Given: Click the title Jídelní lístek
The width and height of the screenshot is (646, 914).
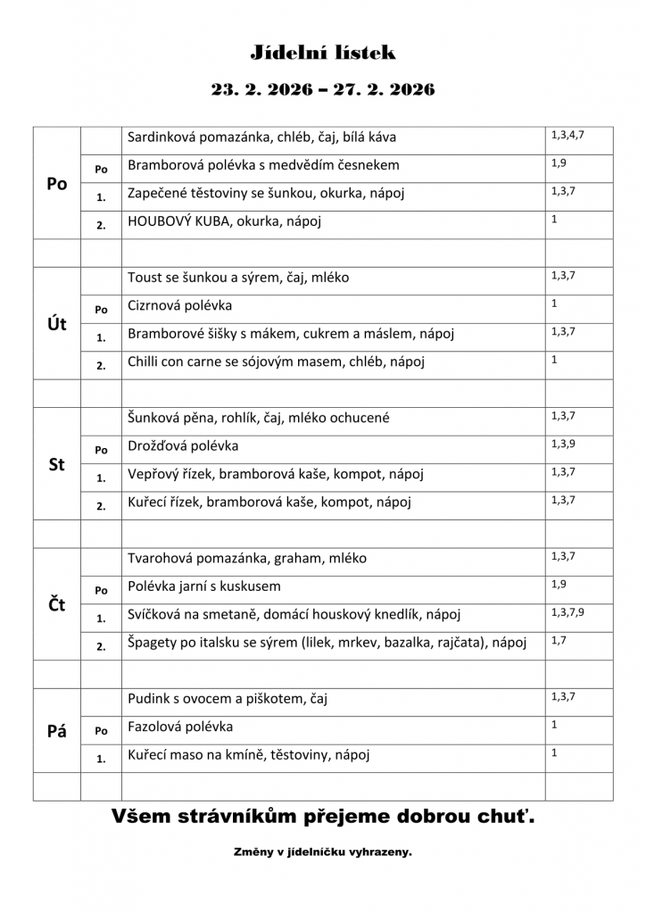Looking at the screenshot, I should (x=322, y=54).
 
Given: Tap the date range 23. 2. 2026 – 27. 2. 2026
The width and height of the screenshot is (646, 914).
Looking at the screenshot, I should (x=322, y=90).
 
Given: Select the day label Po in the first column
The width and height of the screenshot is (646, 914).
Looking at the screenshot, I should (x=56, y=183).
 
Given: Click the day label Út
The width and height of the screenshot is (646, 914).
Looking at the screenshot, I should (x=56, y=324).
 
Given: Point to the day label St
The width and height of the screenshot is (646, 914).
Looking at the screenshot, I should (x=56, y=465).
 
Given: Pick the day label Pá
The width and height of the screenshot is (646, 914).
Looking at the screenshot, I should (x=56, y=731).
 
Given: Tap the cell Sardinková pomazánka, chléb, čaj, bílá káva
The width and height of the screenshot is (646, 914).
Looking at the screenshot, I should (x=261, y=137).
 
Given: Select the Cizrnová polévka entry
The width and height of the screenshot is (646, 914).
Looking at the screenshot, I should (x=179, y=305).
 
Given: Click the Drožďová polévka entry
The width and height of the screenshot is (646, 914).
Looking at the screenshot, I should (x=183, y=445).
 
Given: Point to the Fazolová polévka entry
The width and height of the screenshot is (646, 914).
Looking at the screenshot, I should (x=180, y=727).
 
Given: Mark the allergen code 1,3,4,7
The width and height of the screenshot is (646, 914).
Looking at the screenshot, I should (x=567, y=135).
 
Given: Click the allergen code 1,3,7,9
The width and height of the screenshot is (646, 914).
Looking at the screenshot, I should (x=567, y=612).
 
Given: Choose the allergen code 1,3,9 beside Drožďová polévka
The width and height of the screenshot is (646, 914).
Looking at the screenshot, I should (x=563, y=444).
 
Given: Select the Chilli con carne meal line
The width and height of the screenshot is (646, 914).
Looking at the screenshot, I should (x=276, y=361).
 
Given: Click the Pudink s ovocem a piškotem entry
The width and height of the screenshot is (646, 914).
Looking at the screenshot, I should (x=227, y=699).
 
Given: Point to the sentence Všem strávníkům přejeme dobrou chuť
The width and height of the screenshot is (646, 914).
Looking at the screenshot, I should (x=323, y=815).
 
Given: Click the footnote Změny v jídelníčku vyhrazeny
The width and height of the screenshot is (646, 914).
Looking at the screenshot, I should (x=322, y=852).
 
